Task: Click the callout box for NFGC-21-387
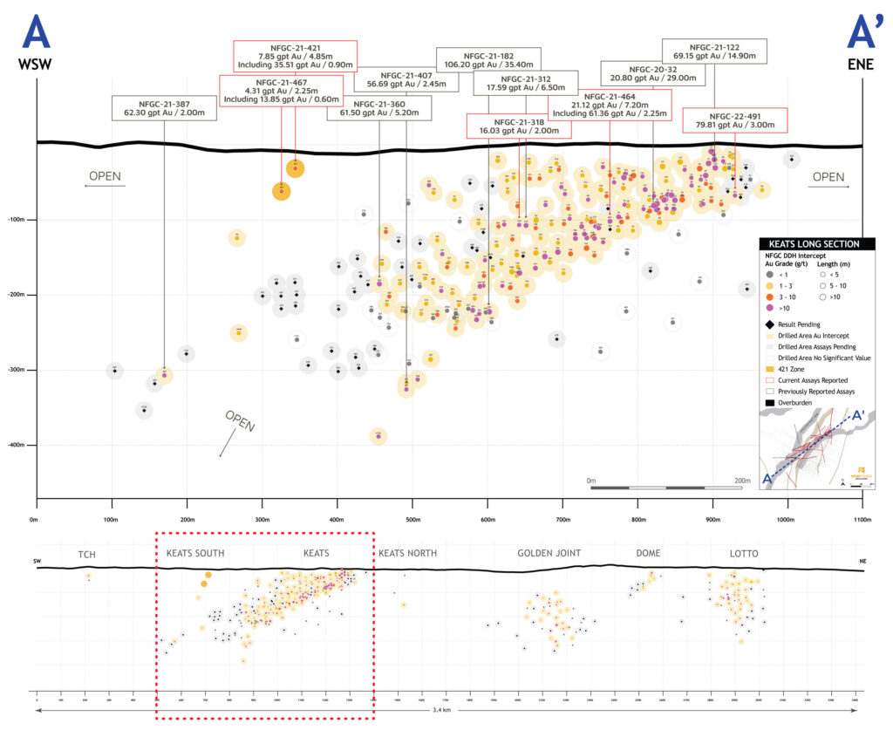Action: point(164,107)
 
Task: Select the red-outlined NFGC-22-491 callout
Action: point(734,119)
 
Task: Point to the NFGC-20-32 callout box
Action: point(652,73)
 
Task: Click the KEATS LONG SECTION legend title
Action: point(810,244)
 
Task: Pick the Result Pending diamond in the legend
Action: point(770,323)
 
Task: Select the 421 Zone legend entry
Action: point(770,368)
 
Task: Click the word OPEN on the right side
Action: point(828,177)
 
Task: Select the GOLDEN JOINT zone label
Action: point(549,554)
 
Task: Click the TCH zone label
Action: point(86,554)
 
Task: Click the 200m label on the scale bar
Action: point(742,480)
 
